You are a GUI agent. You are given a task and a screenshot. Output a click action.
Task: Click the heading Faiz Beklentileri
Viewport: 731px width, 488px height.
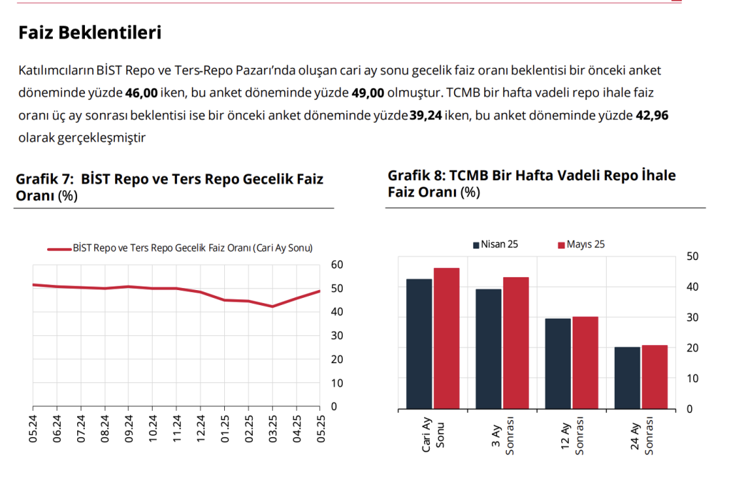click(x=90, y=33)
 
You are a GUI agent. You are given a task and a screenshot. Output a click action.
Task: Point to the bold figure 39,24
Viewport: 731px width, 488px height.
click(x=425, y=116)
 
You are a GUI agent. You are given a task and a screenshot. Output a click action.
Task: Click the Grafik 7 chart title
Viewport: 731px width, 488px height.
click(x=169, y=186)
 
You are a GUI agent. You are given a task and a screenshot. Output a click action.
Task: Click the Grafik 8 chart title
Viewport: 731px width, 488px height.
click(x=532, y=183)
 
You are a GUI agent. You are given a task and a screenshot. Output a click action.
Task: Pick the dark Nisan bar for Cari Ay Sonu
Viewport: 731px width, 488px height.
click(x=418, y=344)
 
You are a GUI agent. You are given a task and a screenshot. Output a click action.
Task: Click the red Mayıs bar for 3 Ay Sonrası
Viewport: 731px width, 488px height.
click(x=516, y=343)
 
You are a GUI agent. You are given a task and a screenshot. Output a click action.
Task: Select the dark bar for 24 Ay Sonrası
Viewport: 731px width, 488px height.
click(x=627, y=378)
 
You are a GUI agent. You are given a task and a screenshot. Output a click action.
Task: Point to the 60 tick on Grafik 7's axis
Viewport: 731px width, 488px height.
click(x=338, y=265)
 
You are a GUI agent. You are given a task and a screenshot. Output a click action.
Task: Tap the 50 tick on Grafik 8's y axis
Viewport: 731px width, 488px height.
click(x=691, y=257)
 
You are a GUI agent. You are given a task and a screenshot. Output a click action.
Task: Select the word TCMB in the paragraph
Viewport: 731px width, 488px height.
click(x=463, y=94)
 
